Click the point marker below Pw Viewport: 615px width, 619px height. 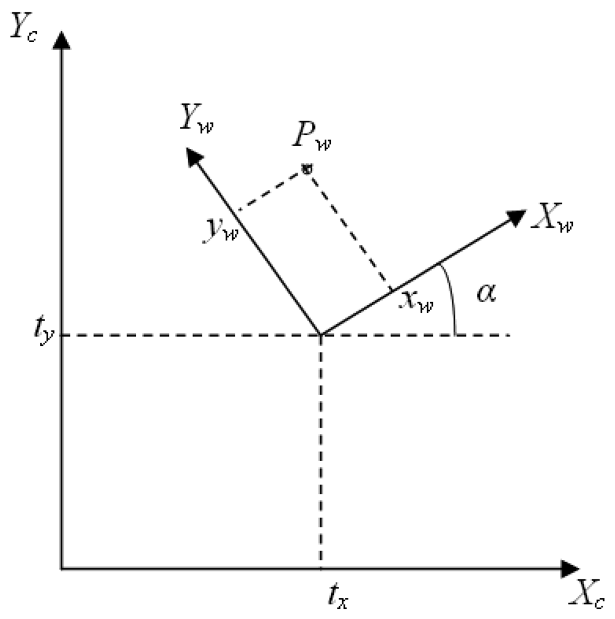(x=305, y=168)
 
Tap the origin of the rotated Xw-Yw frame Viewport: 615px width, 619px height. (x=320, y=335)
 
